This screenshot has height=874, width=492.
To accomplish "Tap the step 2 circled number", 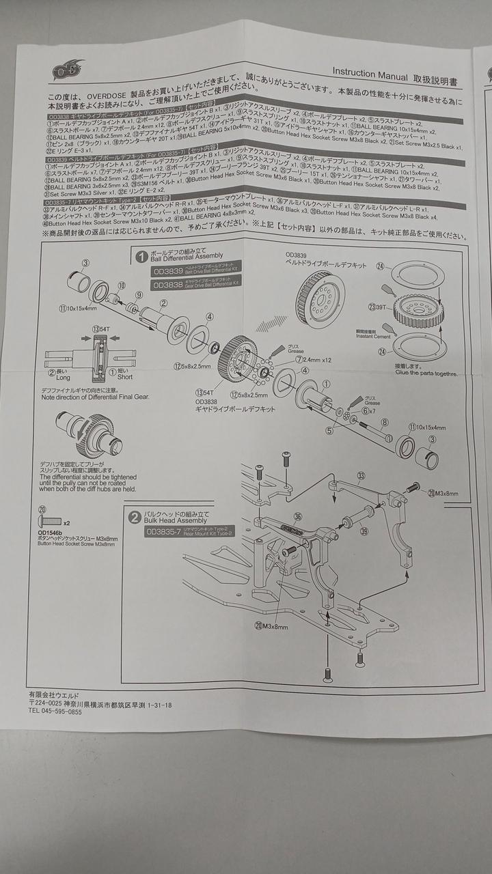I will tap(135, 517).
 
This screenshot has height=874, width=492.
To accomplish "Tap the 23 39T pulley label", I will tap(377, 307).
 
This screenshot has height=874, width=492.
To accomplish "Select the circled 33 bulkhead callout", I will tap(361, 475).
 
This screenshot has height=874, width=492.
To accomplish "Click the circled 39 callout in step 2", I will tap(364, 531).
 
